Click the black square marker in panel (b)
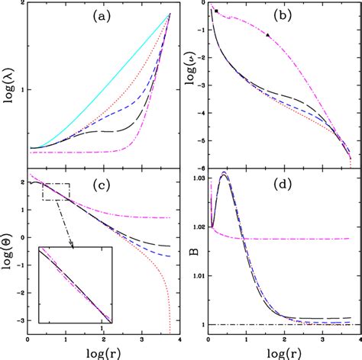(216, 11)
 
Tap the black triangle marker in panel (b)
(268, 35)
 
